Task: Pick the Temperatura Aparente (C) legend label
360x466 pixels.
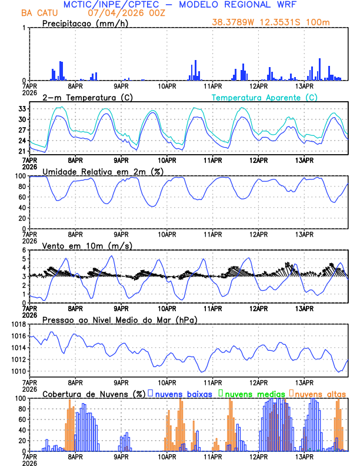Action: click(x=265, y=97)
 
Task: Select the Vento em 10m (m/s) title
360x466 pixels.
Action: click(x=87, y=245)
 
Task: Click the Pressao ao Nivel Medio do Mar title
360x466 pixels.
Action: click(x=119, y=319)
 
